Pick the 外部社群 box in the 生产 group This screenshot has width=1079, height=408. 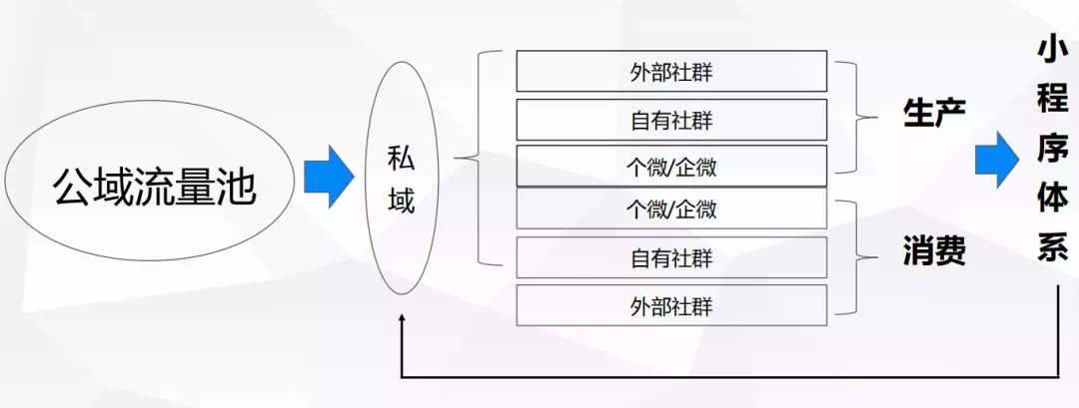coord(671,71)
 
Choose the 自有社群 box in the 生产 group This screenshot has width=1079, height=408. coord(671,119)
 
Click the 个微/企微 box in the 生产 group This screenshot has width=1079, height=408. coord(671,166)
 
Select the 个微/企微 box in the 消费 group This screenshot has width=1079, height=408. coord(671,208)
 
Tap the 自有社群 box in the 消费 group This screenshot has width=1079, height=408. coord(671,257)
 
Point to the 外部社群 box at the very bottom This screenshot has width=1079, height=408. coord(671,304)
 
